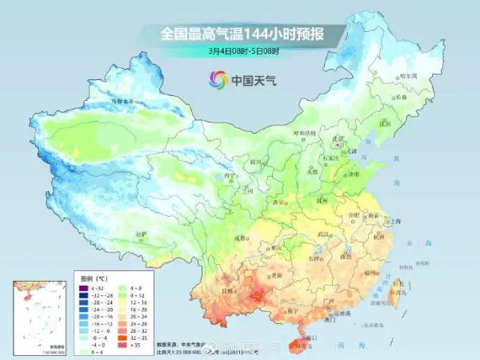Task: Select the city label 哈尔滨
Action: pos(386,75)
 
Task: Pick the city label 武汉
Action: pos(324,233)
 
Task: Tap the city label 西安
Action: pos(278,203)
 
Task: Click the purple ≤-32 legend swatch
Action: pos(84,286)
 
